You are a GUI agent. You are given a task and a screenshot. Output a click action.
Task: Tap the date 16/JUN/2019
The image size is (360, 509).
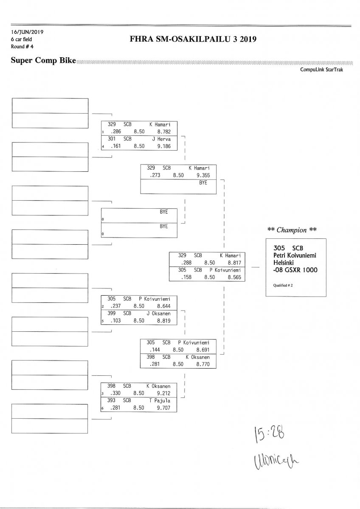[x=27, y=32]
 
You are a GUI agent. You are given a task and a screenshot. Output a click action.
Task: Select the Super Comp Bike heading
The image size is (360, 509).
[x=43, y=61]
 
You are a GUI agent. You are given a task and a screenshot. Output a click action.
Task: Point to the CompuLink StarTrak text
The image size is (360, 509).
[x=321, y=70]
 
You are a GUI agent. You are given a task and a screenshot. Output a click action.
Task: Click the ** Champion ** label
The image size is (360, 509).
[x=292, y=230]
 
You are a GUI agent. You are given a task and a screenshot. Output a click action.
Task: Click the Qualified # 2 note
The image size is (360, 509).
[x=280, y=285]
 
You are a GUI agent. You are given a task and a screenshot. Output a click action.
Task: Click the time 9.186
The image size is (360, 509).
[x=163, y=146]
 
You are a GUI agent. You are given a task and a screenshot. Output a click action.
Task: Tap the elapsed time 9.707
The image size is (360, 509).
[x=163, y=408]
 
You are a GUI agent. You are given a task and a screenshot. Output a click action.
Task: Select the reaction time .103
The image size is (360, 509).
[x=116, y=321]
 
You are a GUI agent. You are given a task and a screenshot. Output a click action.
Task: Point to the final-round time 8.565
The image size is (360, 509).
[x=234, y=277]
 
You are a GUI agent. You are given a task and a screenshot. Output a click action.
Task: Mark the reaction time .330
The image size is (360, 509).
[x=116, y=393]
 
